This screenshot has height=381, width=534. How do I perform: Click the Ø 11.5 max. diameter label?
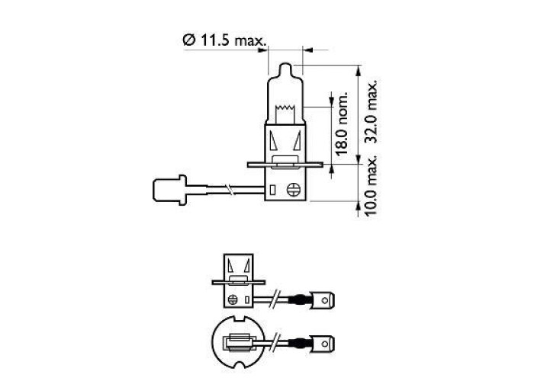click(x=224, y=40)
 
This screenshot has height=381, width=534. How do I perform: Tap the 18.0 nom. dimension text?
click(x=342, y=123)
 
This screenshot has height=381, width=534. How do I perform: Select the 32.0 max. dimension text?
click(x=371, y=111)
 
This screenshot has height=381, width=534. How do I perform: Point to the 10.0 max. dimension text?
click(x=371, y=186)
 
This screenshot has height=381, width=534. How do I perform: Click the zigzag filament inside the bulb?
click(x=285, y=108)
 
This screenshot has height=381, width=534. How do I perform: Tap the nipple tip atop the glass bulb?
click(x=285, y=68)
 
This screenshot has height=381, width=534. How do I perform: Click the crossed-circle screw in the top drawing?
click(x=293, y=190)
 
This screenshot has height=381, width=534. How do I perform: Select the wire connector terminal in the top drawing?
click(x=169, y=190)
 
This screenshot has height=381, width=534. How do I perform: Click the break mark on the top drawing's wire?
click(x=231, y=190)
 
